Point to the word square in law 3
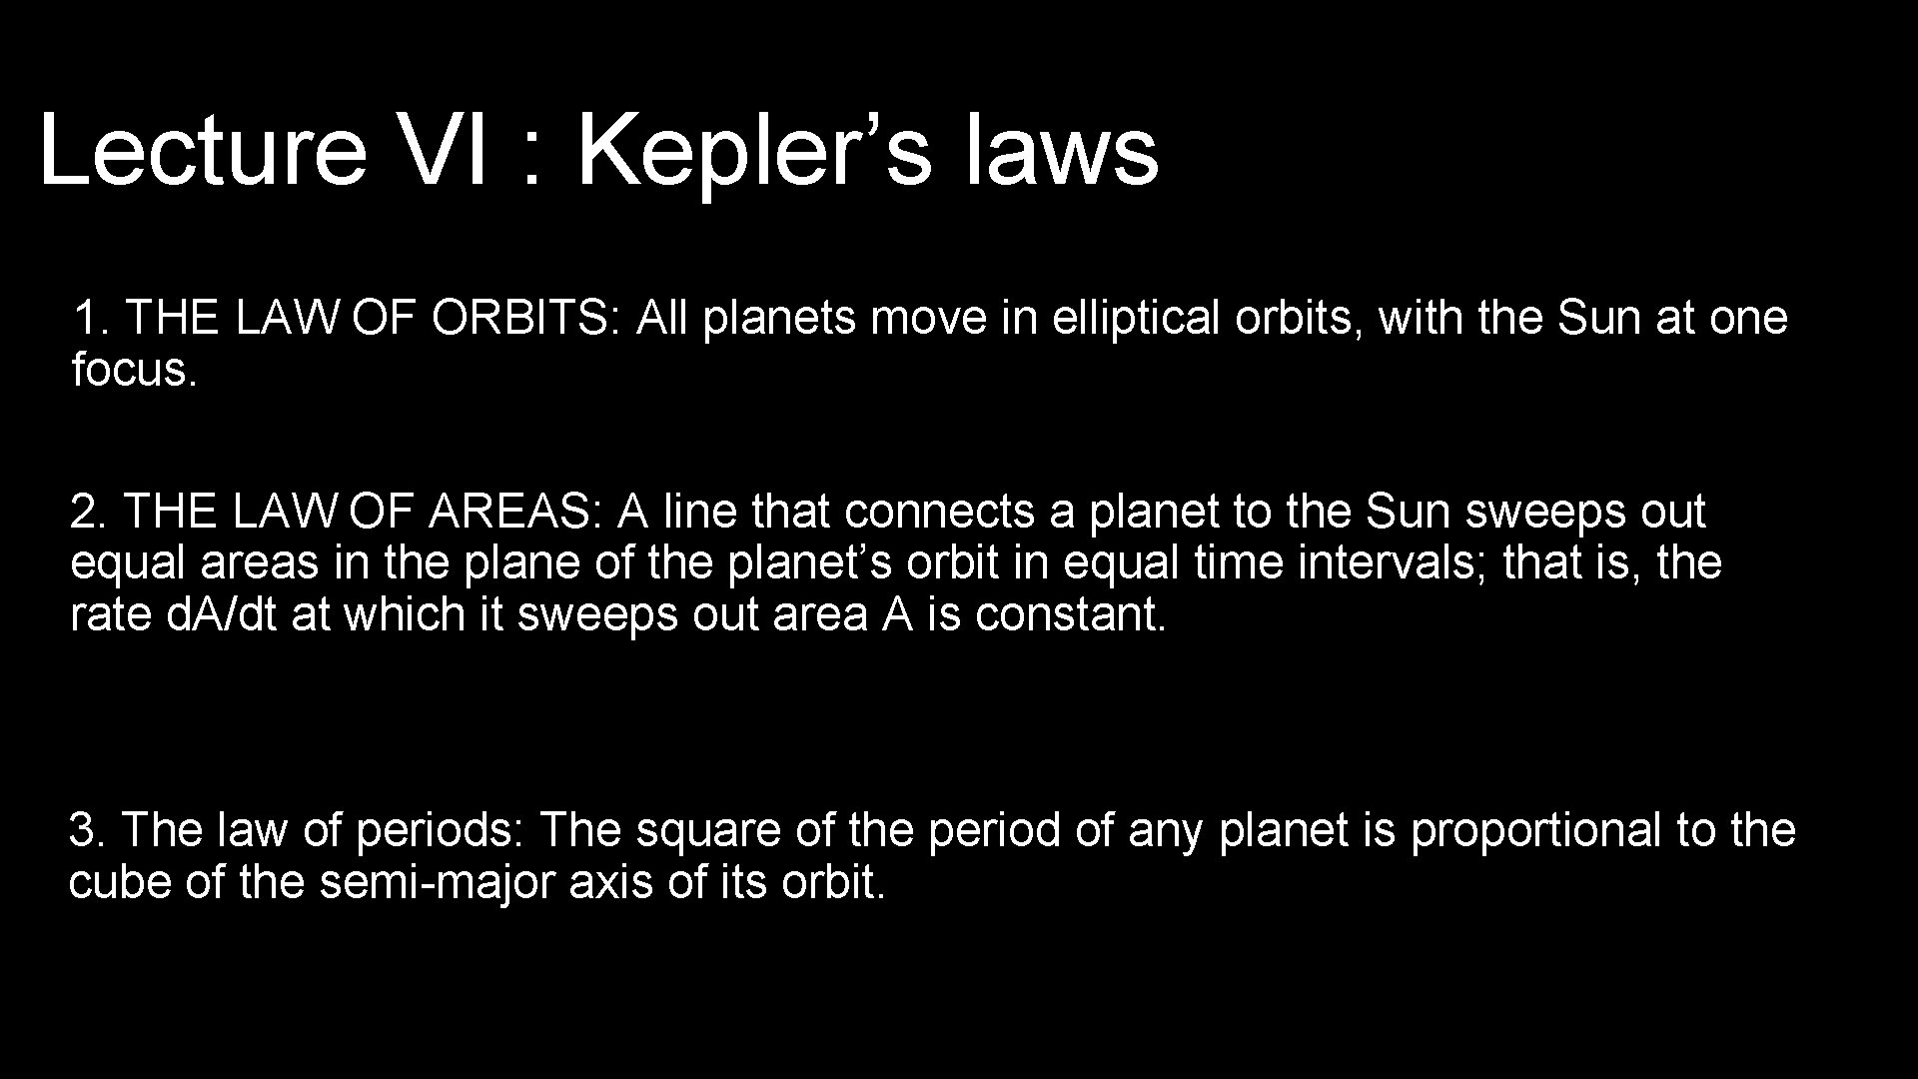[x=708, y=830]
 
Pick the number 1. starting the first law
[x=91, y=319]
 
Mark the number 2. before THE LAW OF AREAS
[x=89, y=512]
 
